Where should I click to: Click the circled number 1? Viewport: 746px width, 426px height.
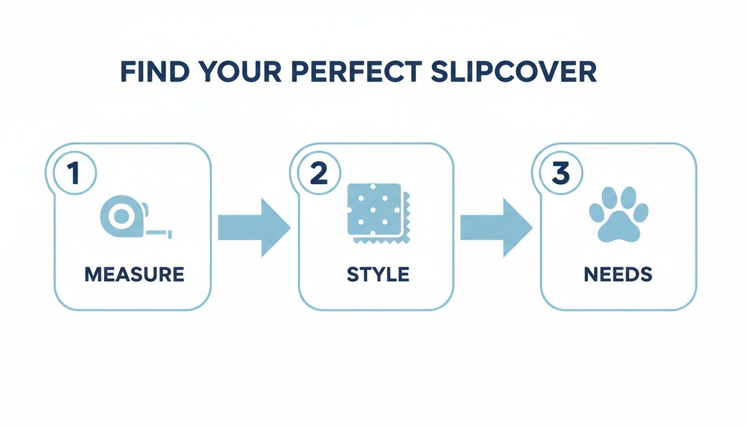tap(74, 173)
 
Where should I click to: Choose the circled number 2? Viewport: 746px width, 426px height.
tap(319, 173)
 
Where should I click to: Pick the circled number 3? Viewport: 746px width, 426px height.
tap(561, 173)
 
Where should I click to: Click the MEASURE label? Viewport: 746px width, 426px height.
tap(134, 274)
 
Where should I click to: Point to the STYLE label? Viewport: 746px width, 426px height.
tap(378, 274)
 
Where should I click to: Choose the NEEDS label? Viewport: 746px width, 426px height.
tap(618, 274)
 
